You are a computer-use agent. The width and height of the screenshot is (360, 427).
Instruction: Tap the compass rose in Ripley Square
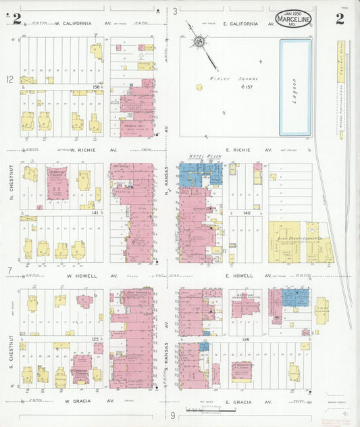click(x=199, y=42)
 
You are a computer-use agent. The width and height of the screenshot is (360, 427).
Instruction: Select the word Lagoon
click(x=295, y=86)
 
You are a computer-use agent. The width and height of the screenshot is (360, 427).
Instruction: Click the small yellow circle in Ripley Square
click(x=199, y=86)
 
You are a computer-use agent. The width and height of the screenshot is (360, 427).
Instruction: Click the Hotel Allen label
click(x=200, y=156)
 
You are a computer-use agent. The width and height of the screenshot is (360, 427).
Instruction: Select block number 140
click(x=247, y=213)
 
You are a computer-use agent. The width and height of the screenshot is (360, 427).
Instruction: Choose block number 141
click(x=95, y=213)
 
